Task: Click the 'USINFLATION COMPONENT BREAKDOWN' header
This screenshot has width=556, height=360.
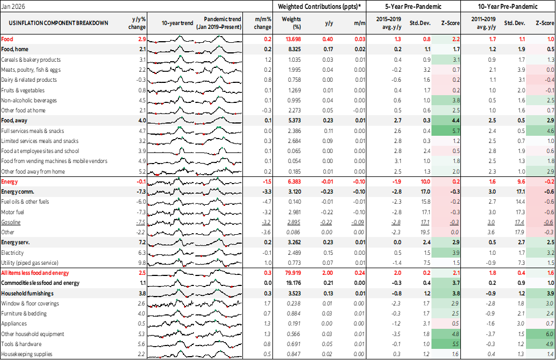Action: pyautogui.click(x=55, y=23)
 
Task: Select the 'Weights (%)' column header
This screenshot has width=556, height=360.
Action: pyautogui.click(x=292, y=23)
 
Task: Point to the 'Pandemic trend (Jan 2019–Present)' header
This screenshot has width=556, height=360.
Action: pyautogui.click(x=218, y=23)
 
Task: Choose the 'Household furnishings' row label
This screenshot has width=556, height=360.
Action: pyautogui.click(x=27, y=293)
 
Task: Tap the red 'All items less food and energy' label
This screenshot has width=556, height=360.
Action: pyautogui.click(x=36, y=273)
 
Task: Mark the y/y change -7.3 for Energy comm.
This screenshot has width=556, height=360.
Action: pyautogui.click(x=141, y=191)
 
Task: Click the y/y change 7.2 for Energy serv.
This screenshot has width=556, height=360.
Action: pyautogui.click(x=142, y=243)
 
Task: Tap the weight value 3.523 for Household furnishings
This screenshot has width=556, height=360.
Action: pyautogui.click(x=294, y=293)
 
